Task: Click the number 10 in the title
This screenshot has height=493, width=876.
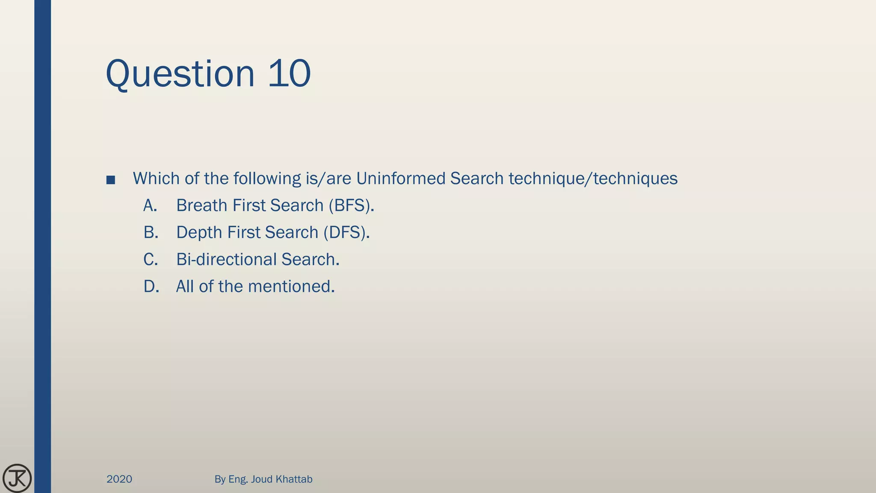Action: (x=289, y=74)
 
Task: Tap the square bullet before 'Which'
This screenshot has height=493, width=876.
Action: (x=111, y=180)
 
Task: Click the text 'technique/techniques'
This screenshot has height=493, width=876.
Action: (x=593, y=178)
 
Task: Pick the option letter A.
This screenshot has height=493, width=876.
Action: (x=150, y=206)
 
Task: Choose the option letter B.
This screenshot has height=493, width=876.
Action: (x=151, y=232)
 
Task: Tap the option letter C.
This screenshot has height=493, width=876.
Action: (x=151, y=259)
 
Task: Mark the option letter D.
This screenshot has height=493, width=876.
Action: (x=151, y=286)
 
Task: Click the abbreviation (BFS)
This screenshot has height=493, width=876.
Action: (x=351, y=206)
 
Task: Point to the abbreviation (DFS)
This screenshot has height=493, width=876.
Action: (x=346, y=232)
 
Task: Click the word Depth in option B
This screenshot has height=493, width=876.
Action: (x=199, y=233)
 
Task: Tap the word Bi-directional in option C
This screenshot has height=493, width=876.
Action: (x=226, y=259)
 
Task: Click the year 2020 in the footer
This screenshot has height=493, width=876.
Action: (x=119, y=479)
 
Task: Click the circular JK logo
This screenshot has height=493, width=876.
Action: (x=17, y=478)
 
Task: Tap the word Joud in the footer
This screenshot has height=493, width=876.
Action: (x=261, y=479)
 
